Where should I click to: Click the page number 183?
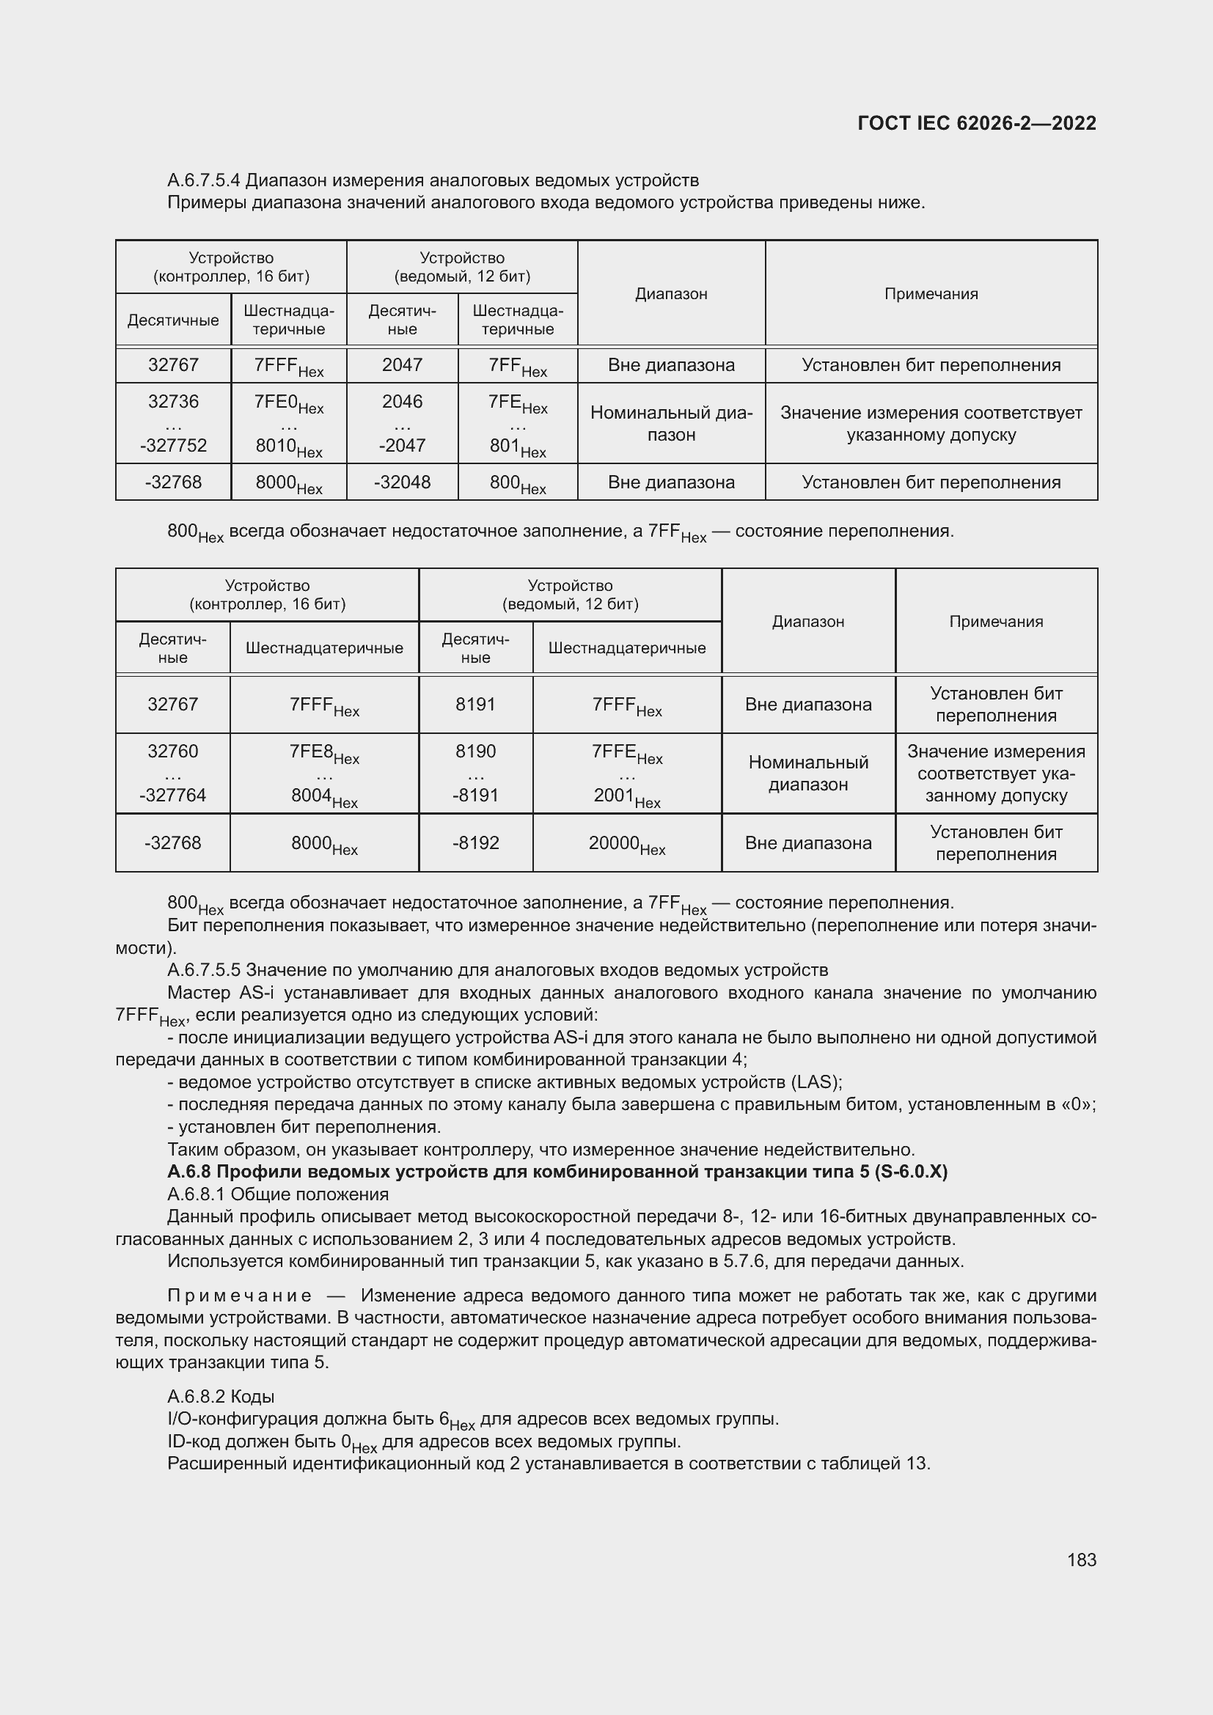pos(1081,1560)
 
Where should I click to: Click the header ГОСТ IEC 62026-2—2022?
pos(977,123)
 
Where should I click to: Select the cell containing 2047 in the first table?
pos(402,364)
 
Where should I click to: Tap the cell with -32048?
pos(402,482)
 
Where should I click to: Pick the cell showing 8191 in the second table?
pos(475,705)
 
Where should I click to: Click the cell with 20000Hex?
pos(626,843)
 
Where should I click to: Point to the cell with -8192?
pos(475,843)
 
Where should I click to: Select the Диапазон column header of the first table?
pos(671,293)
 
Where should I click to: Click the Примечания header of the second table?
pos(996,622)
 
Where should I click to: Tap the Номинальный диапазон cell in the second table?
pos(808,773)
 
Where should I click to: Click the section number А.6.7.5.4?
pos(204,180)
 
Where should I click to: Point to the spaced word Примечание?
pos(239,1295)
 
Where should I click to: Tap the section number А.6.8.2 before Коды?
pos(197,1396)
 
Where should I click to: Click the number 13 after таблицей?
pos(917,1464)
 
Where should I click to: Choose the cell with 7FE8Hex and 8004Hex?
pos(324,773)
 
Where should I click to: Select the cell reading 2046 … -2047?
pos(402,423)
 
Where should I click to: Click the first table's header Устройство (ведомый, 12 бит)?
pos(461,267)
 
